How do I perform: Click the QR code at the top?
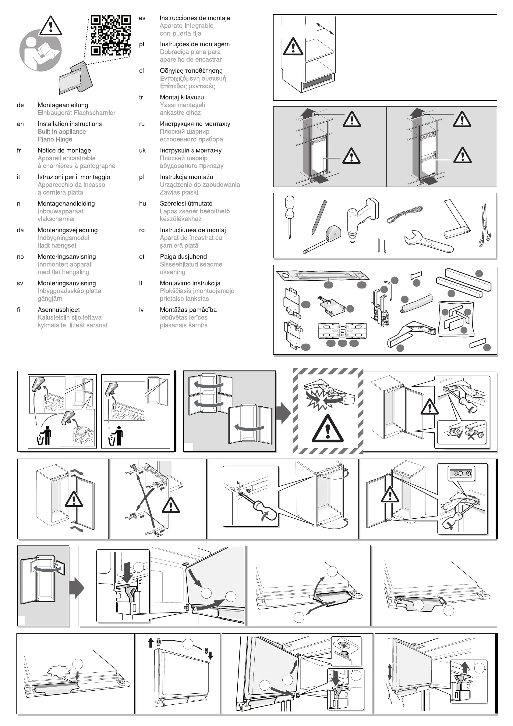tap(111, 35)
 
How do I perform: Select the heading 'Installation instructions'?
tap(69, 124)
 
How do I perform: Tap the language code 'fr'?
tap(19, 151)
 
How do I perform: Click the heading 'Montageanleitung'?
tap(62, 105)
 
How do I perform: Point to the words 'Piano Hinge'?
tap(55, 139)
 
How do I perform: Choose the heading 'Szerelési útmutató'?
tap(186, 204)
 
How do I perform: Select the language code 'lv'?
tap(142, 310)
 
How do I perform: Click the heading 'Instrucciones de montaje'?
tap(195, 18)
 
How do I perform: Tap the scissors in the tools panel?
tap(485, 225)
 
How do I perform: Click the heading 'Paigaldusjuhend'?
tap(183, 257)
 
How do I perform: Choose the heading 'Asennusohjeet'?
tap(58, 310)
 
